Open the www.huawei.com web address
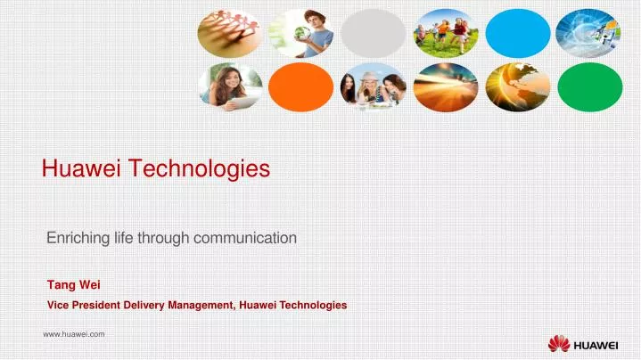click(74, 333)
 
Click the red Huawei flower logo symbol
click(558, 342)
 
